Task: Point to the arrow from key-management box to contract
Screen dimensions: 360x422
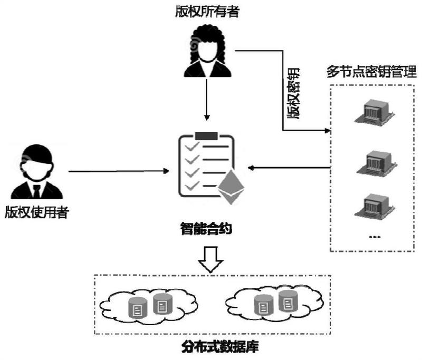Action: click(x=290, y=168)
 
